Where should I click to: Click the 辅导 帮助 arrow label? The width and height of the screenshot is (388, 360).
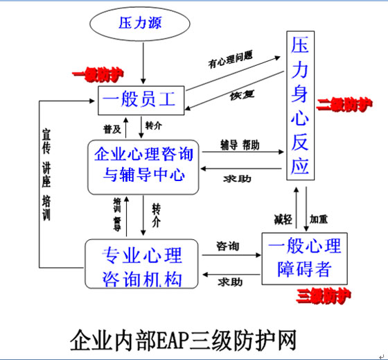click(240, 145)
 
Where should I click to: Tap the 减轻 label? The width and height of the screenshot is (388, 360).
click(283, 219)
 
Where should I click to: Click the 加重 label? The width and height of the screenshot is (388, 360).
click(319, 219)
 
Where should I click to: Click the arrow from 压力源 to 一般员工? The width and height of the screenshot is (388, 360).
click(143, 68)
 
